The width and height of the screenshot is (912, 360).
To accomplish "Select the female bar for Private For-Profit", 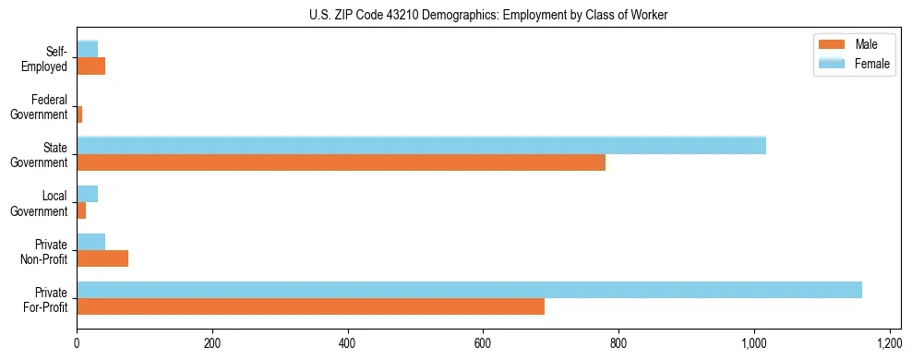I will coord(469,290).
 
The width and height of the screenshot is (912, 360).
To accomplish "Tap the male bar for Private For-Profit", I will coord(310,306).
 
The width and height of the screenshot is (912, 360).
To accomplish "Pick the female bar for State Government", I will coord(421,145).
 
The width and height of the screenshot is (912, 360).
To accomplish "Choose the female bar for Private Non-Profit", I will coord(90,242).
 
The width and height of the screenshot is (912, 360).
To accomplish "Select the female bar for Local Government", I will coord(87,194).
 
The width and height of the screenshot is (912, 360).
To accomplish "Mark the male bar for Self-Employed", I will coord(90,66).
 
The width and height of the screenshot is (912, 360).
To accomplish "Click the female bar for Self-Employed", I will coord(87,49).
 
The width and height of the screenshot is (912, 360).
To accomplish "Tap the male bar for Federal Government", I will coord(79,114).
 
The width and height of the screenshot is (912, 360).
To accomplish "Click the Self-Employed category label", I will coord(49,58).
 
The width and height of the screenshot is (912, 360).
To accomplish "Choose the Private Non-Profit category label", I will coord(49,251).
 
